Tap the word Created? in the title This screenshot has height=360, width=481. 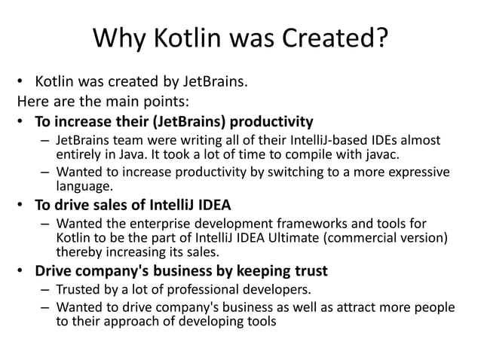click(x=338, y=36)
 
